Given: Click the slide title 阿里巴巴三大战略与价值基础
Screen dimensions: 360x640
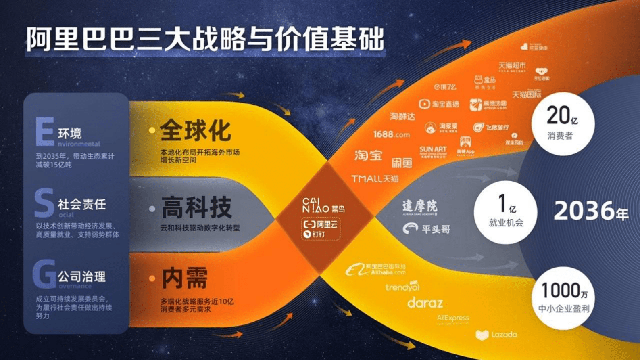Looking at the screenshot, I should click(205, 39).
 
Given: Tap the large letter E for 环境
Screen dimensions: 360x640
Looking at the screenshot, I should click(44, 132).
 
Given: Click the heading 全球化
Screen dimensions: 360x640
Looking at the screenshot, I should click(196, 130).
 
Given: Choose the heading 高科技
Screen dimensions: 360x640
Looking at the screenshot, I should click(196, 207).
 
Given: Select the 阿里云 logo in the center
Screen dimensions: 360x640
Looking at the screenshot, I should click(321, 224).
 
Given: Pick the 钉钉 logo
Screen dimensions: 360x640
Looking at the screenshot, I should click(315, 234).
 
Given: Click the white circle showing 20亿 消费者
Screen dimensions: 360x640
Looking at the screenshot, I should click(563, 123).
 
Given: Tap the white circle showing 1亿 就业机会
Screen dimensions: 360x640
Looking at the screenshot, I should click(505, 212).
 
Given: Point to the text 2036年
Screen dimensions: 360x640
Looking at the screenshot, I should click(591, 211).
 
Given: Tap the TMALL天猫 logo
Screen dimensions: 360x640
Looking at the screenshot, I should click(375, 178).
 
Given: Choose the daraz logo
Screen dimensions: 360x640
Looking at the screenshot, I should click(425, 303).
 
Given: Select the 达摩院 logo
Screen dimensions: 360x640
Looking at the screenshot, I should click(419, 207).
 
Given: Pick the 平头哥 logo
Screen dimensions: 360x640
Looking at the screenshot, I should click(426, 229).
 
